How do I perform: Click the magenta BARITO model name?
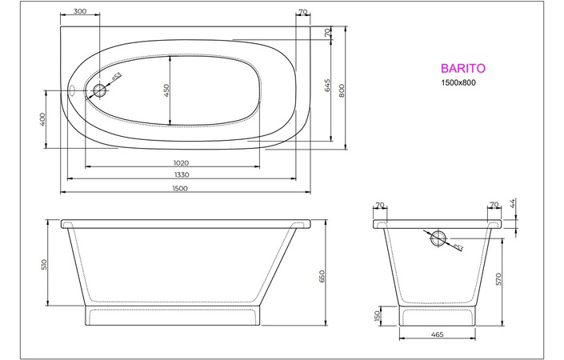click(459, 70)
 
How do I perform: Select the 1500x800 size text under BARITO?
click(458, 85)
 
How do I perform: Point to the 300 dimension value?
click(80, 12)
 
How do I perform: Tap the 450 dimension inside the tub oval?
click(166, 90)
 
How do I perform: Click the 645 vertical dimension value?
click(327, 86)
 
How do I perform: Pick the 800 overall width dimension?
click(342, 90)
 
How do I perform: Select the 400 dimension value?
click(42, 119)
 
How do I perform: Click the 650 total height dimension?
click(322, 275)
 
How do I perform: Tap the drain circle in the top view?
click(99, 90)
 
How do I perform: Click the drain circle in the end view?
click(438, 238)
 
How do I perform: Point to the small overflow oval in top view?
click(72, 90)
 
